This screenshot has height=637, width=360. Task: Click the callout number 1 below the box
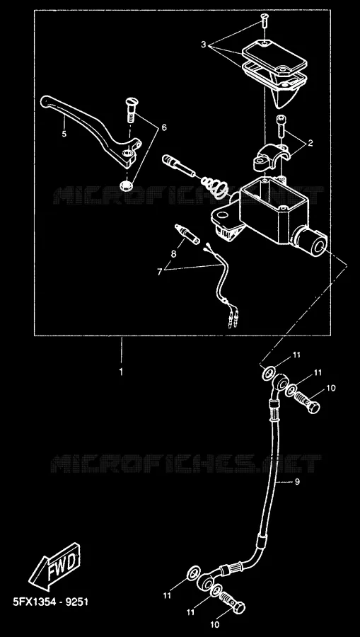pyautogui.click(x=121, y=372)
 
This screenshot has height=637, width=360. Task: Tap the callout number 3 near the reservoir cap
pyautogui.click(x=204, y=45)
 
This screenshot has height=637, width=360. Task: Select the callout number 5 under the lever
pyautogui.click(x=64, y=134)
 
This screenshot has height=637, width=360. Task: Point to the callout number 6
pyautogui.click(x=164, y=127)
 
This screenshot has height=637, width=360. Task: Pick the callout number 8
pyautogui.click(x=173, y=254)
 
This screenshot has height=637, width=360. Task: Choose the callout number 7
pyautogui.click(x=160, y=272)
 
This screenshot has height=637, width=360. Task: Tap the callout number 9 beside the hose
pyautogui.click(x=297, y=482)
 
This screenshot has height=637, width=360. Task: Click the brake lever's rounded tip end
pyautogui.click(x=45, y=101)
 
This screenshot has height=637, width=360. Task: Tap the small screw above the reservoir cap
pyautogui.click(x=265, y=20)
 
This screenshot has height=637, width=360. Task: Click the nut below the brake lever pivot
pyautogui.click(x=127, y=185)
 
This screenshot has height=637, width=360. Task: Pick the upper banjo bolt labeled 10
pyautogui.click(x=307, y=402)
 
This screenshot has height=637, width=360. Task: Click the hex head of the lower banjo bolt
pyautogui.click(x=238, y=607)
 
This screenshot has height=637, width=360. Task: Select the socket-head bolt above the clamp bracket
pyautogui.click(x=281, y=126)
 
